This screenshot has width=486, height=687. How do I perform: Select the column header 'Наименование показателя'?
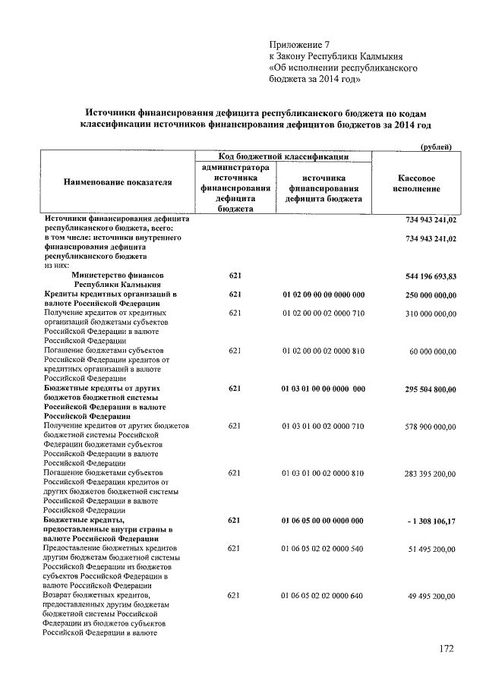point(118,182)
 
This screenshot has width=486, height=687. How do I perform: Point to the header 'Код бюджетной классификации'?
point(283,156)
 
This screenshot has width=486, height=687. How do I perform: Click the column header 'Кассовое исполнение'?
point(416,182)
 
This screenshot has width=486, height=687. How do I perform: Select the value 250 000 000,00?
point(427,295)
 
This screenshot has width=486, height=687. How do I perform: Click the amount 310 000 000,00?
point(427,313)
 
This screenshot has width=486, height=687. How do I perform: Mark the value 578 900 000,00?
point(427,427)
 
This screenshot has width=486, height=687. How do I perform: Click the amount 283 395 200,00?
point(427,473)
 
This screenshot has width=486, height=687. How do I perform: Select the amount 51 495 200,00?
point(429,548)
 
